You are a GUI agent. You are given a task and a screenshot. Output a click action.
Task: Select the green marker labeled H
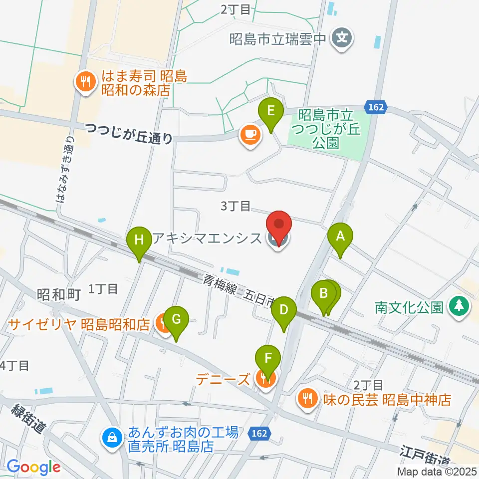point(140,241)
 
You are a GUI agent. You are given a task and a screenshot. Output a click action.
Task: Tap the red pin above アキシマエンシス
point(279,226)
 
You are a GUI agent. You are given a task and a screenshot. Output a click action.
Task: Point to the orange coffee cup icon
point(250,135)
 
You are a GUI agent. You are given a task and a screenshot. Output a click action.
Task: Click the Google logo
point(34,468)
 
